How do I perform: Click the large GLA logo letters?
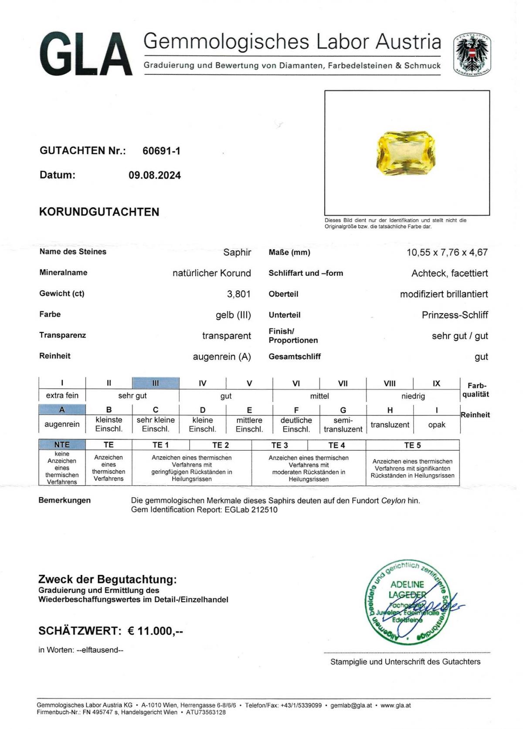click(x=86, y=54)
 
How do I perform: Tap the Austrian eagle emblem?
click(x=472, y=54)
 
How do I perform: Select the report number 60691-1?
click(x=161, y=151)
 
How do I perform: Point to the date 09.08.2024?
click(x=154, y=175)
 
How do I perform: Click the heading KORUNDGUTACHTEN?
click(x=99, y=212)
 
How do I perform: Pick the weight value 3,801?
click(x=238, y=294)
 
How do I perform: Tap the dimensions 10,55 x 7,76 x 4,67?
click(x=447, y=252)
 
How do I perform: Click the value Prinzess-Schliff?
click(x=455, y=315)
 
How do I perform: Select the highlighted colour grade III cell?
click(x=156, y=383)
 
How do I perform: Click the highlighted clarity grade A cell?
click(x=62, y=410)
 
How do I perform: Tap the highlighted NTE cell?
click(x=62, y=445)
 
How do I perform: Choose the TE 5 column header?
click(x=412, y=445)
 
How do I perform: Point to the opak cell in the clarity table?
click(x=436, y=425)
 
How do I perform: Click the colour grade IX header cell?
click(x=436, y=383)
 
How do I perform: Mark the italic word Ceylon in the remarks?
click(x=393, y=500)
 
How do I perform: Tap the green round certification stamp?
click(x=407, y=602)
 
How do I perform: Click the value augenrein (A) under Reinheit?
click(x=222, y=357)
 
